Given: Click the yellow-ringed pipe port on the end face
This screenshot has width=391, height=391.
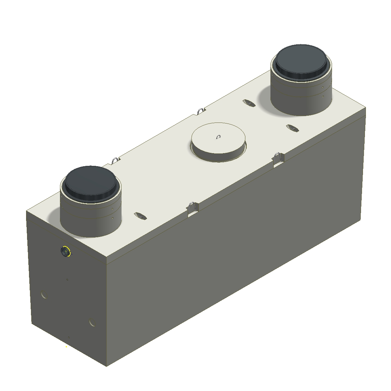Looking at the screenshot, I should pos(65,252).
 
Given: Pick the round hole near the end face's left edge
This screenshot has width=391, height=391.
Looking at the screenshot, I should pos(45,295).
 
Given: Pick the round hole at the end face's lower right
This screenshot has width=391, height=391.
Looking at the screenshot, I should pos(93,323).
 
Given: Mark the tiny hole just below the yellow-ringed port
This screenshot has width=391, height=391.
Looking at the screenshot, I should pos(67,279).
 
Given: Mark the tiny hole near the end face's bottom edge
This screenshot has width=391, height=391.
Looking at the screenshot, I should pos(69,338).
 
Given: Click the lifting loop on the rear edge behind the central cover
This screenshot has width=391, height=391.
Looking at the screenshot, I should pos(201,111).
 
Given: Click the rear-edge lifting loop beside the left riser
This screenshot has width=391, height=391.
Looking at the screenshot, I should pos(115,160).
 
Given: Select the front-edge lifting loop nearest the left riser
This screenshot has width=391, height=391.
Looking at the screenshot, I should pos(191,206).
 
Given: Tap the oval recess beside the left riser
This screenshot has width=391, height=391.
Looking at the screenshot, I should pos(140,215).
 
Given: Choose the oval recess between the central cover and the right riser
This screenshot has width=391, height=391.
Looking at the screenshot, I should pos(249,103).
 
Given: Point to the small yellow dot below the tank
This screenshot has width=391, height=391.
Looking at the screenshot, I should pos(66,347).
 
